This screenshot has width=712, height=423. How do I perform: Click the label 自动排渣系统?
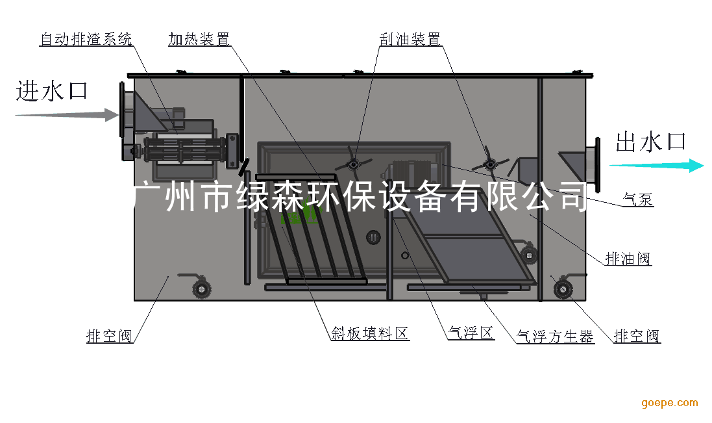86,40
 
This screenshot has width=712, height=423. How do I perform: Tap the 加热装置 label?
199,40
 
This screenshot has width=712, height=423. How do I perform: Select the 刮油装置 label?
410,40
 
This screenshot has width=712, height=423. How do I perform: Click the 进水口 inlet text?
51,91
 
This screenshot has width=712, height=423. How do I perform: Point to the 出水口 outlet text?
650,142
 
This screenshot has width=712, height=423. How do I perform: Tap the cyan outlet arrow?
656,166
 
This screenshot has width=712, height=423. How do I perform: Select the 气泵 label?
638,200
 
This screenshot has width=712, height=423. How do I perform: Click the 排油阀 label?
628,259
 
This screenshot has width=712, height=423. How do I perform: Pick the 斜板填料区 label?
369,334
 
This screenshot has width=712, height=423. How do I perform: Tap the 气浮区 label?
471,334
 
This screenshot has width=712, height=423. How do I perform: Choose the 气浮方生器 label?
555,337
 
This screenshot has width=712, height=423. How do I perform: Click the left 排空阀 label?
109,336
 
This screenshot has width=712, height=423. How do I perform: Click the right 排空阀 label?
637,336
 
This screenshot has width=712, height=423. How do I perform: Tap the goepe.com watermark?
670,403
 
